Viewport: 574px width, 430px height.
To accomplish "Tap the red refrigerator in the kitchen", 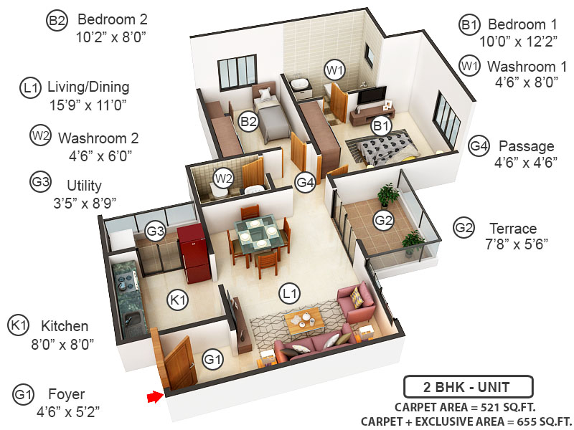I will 192,248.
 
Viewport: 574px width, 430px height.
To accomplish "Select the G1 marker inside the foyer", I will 212,358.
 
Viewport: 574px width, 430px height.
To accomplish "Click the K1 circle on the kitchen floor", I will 178,300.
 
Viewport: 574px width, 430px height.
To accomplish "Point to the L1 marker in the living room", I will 290,292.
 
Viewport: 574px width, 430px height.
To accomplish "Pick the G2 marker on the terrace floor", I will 384,220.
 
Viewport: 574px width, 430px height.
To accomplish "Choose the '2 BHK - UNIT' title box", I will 468,388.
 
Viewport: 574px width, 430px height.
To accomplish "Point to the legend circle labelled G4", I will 479,147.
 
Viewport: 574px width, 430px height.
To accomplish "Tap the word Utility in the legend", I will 84,185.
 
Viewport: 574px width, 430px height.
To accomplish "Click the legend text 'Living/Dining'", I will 88,87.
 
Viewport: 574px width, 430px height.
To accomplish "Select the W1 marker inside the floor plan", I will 334,70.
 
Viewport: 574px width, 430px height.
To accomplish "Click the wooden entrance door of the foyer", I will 179,363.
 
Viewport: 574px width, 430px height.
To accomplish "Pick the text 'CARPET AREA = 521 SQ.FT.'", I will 469,407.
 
